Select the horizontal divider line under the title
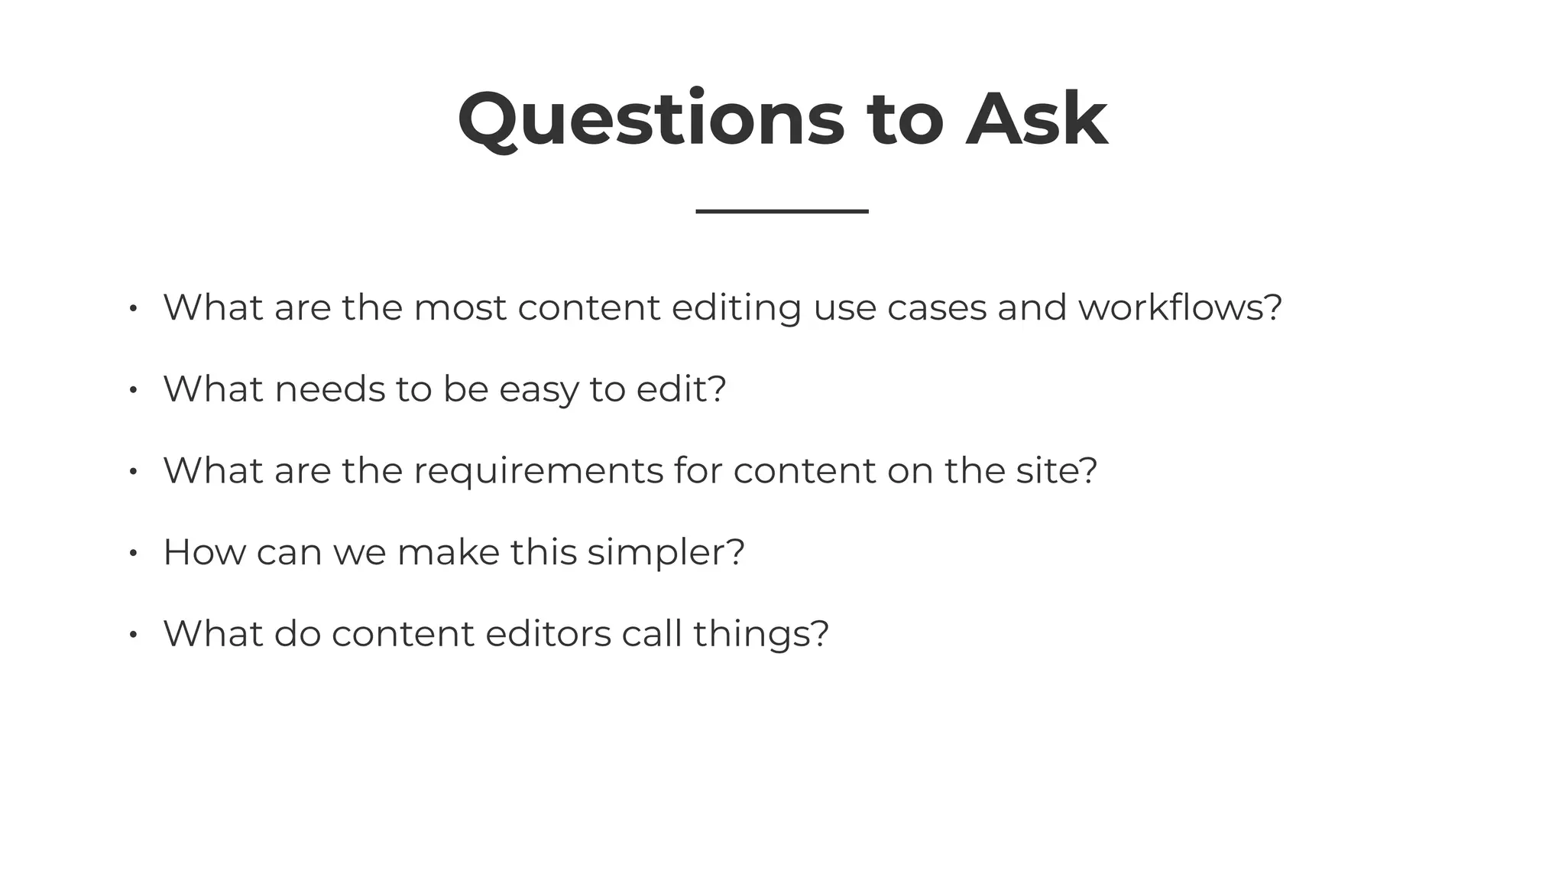(782, 211)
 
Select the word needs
(329, 389)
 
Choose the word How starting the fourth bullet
(204, 552)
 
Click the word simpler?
(666, 553)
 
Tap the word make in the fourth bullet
(448, 552)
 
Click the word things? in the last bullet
(760, 635)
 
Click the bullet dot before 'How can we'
(133, 553)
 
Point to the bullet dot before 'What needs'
(133, 390)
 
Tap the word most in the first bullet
(459, 307)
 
